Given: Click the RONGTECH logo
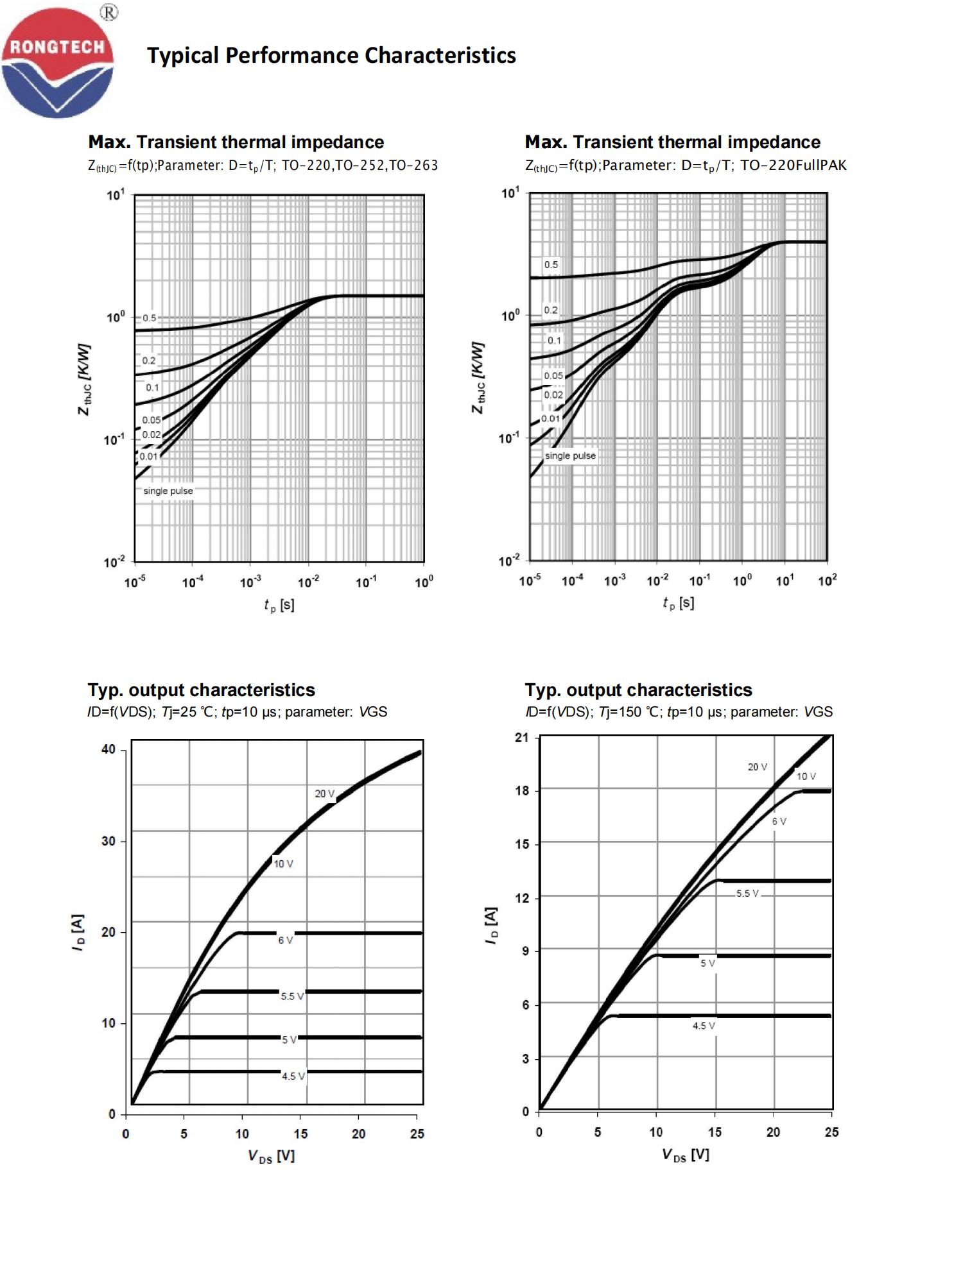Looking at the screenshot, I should [x=58, y=63].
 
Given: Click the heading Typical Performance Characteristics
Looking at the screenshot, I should [x=331, y=56].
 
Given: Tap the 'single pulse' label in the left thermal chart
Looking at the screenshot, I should [x=168, y=491].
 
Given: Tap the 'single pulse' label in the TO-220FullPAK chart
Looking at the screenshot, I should [x=570, y=455].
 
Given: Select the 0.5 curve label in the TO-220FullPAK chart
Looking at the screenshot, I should [x=551, y=264].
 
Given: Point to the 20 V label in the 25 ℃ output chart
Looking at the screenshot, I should [x=325, y=794].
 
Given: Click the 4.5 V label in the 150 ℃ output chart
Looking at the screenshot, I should [x=704, y=1026].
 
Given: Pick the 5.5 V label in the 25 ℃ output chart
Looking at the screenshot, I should [x=292, y=996].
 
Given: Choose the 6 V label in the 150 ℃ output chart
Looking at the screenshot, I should [x=779, y=821].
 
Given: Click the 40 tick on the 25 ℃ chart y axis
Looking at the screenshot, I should [x=108, y=749].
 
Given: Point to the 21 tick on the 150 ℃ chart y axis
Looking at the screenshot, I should [x=522, y=738].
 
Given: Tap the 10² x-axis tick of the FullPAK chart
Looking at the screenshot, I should [x=827, y=581].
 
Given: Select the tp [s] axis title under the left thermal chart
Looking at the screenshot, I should [x=279, y=605].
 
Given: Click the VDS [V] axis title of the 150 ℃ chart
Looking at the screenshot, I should [x=685, y=1155].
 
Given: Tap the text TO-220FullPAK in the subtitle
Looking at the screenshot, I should [x=794, y=166].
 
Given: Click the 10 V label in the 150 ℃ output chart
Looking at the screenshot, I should [x=806, y=776].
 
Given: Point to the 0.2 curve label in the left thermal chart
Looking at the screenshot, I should [x=149, y=361].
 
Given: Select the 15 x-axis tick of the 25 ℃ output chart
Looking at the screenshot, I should [x=300, y=1134].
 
